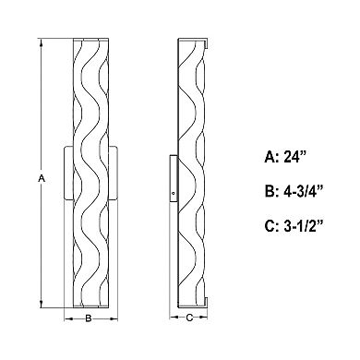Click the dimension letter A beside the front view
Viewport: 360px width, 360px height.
click(42, 178)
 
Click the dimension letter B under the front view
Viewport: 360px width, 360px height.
click(89, 318)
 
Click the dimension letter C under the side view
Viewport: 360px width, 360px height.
click(189, 318)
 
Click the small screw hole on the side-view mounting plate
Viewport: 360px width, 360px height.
click(174, 193)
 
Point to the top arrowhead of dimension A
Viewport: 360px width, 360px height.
click(42, 42)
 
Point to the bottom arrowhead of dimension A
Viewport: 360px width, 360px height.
click(42, 304)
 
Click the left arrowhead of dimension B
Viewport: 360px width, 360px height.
click(68, 318)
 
